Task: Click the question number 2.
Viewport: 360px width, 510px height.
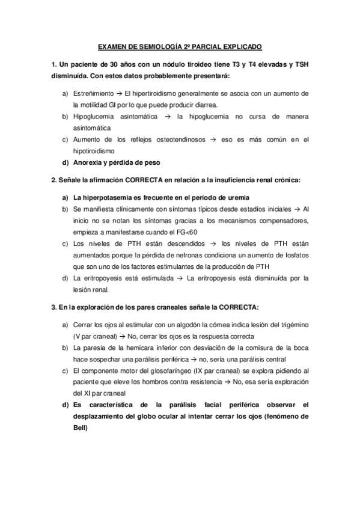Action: point(53,180)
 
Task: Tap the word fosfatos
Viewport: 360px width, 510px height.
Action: point(294,255)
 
